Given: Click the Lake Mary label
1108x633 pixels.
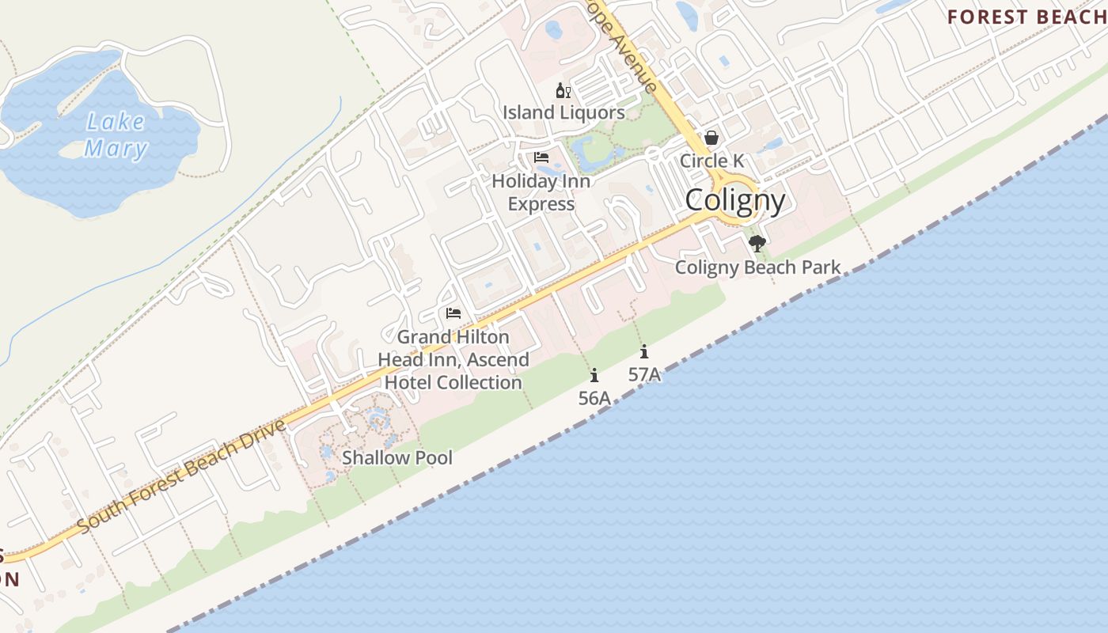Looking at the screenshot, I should (116, 135).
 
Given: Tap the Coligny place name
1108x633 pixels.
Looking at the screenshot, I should (735, 200).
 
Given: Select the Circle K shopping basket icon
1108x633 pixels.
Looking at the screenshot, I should (711, 138).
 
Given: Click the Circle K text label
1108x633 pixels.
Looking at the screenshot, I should (711, 161).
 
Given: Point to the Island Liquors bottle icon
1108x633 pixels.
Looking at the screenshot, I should (563, 91).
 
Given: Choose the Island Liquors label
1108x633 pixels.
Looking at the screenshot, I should (563, 112).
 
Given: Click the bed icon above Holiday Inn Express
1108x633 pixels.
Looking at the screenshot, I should (541, 157).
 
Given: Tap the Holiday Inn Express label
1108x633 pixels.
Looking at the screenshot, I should (541, 192).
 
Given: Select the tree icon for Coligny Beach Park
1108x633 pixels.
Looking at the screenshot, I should (757, 244).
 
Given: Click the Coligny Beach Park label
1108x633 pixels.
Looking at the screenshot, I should (757, 267).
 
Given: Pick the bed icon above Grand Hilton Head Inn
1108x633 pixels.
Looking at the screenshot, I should (453, 313).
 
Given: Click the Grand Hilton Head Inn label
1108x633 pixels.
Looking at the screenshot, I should (453, 360).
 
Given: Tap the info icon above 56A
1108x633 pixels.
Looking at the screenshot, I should (594, 375).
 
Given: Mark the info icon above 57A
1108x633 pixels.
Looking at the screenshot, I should (644, 351).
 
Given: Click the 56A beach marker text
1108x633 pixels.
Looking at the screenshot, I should (594, 398).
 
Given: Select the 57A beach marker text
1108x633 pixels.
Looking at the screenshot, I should (644, 374).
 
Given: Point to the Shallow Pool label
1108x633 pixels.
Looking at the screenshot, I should (397, 457).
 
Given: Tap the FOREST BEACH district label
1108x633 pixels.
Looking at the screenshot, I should (1026, 17).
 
